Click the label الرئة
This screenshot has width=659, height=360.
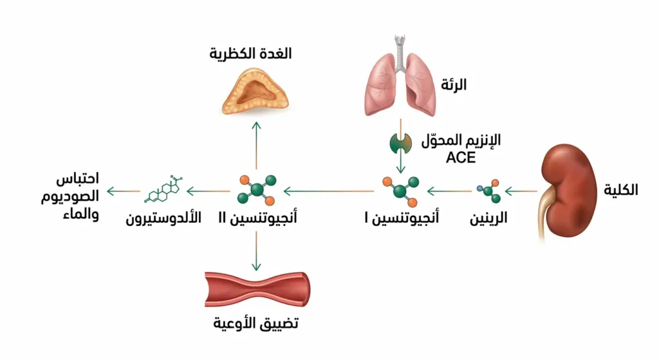pos(454,84)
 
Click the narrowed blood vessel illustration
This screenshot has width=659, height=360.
pos(255,289)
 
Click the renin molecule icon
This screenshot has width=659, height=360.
pos(487,191)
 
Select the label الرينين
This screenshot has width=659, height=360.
pos(487,219)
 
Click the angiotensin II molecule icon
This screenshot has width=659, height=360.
pos(256,191)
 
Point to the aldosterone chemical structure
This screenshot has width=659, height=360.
pos(165,190)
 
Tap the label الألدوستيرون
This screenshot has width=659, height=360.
pos(163,219)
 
